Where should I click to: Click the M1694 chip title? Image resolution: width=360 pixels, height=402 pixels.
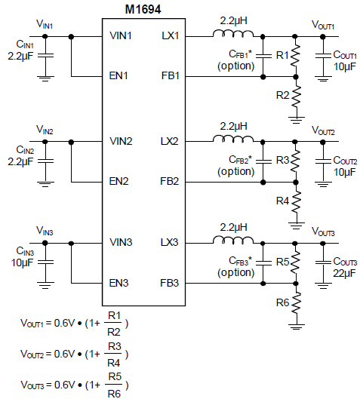point(143,10)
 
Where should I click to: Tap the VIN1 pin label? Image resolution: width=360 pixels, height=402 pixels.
point(120,35)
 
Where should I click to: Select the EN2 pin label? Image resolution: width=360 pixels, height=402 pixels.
point(118,181)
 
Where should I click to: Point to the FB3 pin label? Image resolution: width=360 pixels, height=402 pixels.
point(169,283)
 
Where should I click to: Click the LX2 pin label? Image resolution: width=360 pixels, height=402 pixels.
point(169,141)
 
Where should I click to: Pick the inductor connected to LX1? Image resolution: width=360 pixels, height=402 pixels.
point(233,34)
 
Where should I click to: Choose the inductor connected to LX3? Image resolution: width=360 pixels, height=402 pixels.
point(233,241)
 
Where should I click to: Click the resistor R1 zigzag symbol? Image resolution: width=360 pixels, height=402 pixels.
point(296,56)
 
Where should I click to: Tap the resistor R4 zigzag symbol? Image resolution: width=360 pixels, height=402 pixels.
point(296,202)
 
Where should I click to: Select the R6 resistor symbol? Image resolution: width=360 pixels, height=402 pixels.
point(296,302)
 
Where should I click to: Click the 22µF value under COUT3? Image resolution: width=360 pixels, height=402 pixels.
point(344,273)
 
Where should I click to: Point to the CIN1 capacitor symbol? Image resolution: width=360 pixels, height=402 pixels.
point(45,55)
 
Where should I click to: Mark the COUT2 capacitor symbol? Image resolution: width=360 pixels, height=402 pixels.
point(323,161)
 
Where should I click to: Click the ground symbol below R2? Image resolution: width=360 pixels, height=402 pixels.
point(297,120)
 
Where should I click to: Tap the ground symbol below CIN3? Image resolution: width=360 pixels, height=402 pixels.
point(45,285)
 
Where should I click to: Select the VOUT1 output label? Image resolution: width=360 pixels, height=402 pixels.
point(323,25)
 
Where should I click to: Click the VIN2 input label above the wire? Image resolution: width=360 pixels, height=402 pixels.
point(45,130)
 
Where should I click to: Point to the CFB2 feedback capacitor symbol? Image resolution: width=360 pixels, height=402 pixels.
point(263,161)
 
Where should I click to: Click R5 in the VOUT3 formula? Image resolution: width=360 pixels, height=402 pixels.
point(115,376)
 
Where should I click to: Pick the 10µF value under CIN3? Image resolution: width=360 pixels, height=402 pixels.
point(22,262)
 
